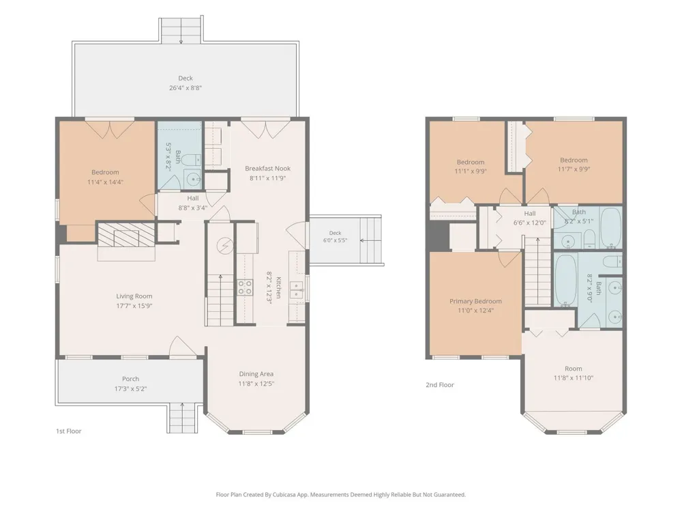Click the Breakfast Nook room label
point(267,169)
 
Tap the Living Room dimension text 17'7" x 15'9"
point(134,306)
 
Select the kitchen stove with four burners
point(245,287)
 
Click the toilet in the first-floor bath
point(191,160)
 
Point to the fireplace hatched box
point(125,235)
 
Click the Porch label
point(130,379)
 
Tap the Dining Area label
point(256,374)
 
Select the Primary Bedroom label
point(475,301)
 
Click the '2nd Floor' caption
point(440,385)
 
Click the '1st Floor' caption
point(69,431)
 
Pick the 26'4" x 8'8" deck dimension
point(186,87)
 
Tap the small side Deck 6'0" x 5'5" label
point(335,236)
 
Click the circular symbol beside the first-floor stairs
point(225,246)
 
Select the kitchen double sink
point(297,290)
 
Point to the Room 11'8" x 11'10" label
point(574,373)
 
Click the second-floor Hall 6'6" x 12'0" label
point(530,218)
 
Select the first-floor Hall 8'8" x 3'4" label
point(193,203)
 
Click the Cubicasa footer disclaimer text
point(340,494)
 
